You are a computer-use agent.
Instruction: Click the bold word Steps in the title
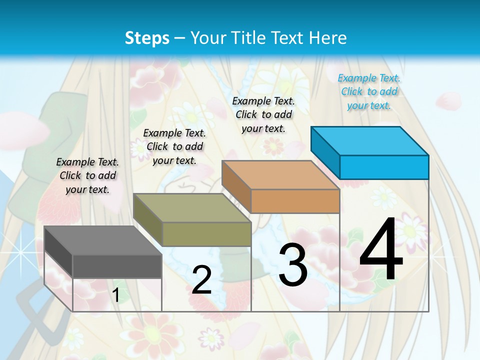(147, 38)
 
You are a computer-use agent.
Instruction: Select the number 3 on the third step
(292, 265)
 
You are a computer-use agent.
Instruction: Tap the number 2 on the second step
(201, 280)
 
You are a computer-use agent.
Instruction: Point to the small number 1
(115, 295)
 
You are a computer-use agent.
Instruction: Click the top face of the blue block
(370, 141)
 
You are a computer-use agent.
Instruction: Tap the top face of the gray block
(103, 240)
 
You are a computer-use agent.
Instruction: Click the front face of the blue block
(384, 167)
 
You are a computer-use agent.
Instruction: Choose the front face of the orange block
(295, 201)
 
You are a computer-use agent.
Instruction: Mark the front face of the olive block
(206, 234)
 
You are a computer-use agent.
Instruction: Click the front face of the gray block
(117, 266)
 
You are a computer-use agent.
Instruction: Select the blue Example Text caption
(369, 91)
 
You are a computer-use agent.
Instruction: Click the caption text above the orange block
(263, 114)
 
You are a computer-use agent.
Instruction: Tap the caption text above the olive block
(174, 146)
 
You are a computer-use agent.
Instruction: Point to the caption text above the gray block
(87, 175)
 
